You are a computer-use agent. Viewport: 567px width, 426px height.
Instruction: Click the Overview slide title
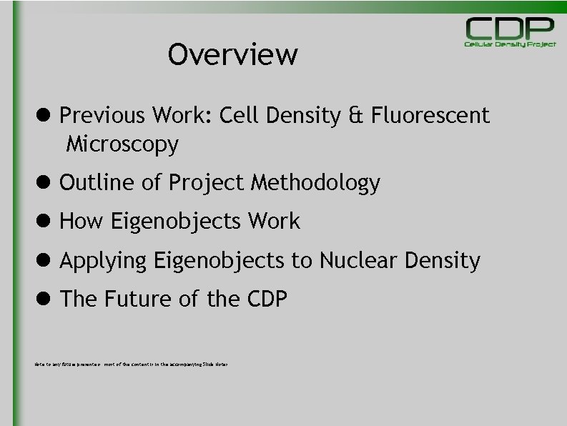click(x=232, y=54)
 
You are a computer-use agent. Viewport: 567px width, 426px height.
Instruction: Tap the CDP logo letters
click(x=510, y=28)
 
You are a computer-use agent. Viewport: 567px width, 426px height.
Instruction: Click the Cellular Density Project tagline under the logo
click(x=510, y=44)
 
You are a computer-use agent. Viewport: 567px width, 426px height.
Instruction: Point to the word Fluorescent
click(x=430, y=115)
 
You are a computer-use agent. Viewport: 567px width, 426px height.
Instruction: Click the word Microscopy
click(x=122, y=145)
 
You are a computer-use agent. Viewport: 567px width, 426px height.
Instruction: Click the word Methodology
click(x=315, y=184)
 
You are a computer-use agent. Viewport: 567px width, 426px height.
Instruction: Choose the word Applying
click(x=103, y=261)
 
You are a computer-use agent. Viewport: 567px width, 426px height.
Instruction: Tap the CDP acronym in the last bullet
click(x=265, y=299)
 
